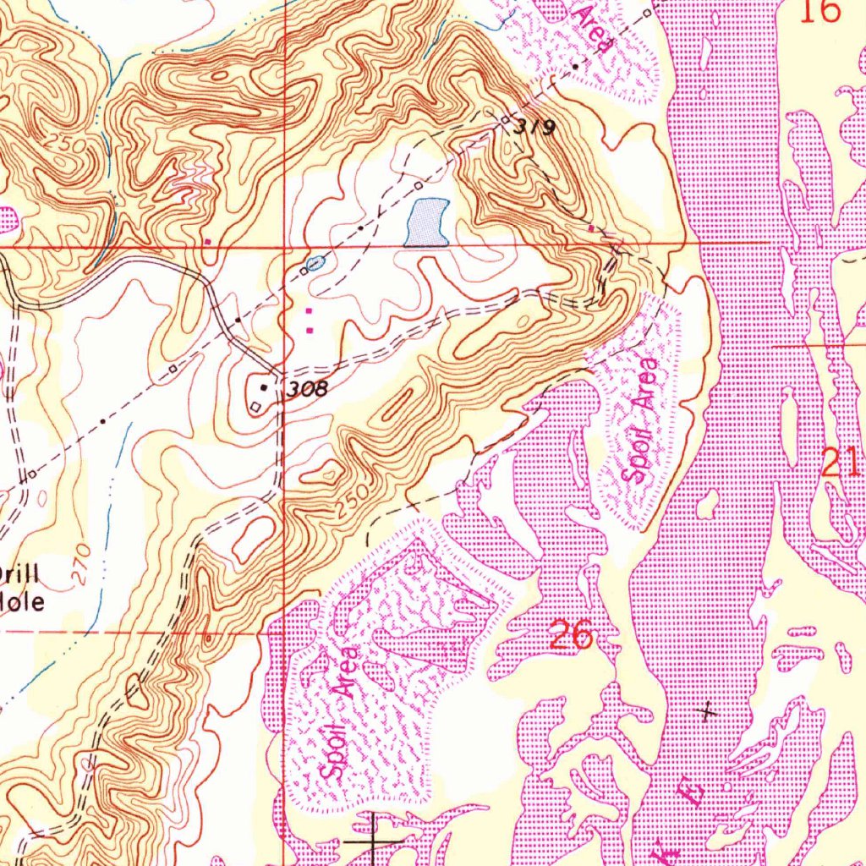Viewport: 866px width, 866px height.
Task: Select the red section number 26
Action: coord(571,634)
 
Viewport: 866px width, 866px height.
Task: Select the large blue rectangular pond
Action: coord(426,222)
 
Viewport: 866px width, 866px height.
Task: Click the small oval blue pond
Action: coord(315,264)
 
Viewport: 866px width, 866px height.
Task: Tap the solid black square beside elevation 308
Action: coord(264,387)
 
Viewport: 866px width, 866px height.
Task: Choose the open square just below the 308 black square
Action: coord(256,407)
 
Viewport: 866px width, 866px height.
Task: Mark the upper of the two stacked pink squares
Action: coord(309,311)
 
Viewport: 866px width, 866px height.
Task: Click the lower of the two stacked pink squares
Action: coord(309,329)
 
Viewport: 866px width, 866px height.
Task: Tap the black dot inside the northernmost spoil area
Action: coord(576,64)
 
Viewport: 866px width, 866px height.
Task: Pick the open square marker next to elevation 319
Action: coord(507,120)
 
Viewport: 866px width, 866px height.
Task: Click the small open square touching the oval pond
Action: coord(303,271)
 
